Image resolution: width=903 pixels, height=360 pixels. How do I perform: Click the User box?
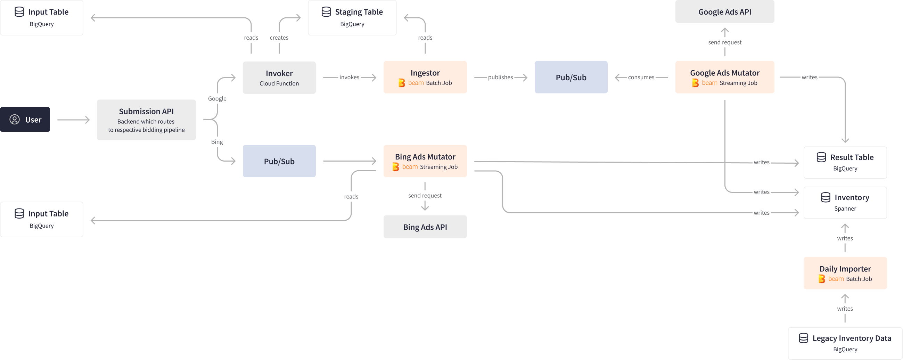point(25,120)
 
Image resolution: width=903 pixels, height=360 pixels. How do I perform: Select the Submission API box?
point(146,120)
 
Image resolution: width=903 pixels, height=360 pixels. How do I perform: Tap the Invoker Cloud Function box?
point(279,77)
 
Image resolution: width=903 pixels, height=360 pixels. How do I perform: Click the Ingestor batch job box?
point(425,77)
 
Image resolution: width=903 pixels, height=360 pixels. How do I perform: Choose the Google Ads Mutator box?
point(724,77)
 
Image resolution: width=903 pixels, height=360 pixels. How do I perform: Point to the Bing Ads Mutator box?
point(425,161)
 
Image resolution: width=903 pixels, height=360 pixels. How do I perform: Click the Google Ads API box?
point(724,11)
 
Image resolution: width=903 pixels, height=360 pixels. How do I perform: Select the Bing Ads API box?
point(425,227)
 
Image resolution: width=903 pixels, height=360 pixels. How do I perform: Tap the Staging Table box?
point(352,17)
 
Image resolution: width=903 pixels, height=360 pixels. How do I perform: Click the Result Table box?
point(845,162)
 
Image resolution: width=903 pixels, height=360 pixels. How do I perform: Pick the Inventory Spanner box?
point(845,202)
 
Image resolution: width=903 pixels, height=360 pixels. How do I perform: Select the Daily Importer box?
point(845,273)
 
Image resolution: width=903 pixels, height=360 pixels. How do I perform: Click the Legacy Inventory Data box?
point(845,343)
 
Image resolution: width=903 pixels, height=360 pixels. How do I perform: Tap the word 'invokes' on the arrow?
point(349,77)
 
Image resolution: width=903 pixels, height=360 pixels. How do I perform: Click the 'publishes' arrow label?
point(500,77)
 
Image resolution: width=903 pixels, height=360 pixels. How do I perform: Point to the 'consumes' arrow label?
point(641,77)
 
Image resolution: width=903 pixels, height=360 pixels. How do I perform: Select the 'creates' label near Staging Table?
point(279,38)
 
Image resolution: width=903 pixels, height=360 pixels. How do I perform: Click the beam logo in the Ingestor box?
point(402,83)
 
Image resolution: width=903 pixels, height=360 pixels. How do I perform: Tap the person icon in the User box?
point(15,120)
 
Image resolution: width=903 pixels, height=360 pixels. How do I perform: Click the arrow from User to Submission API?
point(73,120)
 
